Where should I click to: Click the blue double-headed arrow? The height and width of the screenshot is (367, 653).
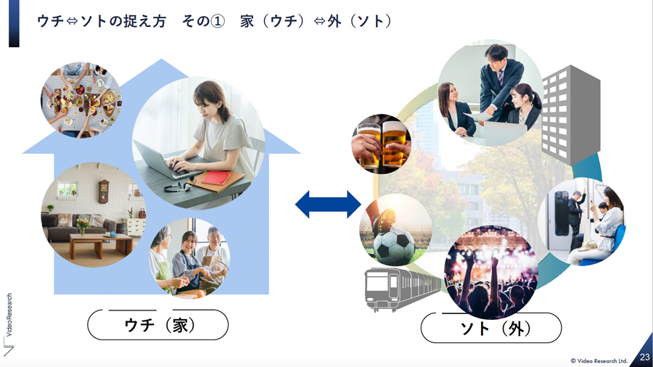[328, 205]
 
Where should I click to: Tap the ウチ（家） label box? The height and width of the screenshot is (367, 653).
[158, 324]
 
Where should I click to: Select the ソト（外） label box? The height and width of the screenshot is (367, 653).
[491, 328]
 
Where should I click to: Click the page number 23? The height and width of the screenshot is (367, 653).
[645, 357]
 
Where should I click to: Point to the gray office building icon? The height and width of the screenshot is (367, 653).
[570, 115]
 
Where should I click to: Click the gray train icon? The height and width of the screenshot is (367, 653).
[402, 289]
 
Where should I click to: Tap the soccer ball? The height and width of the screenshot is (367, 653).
[394, 246]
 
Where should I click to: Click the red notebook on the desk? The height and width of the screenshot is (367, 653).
[215, 177]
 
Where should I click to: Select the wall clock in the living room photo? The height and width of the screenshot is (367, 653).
[103, 191]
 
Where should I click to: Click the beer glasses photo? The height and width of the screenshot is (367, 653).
[382, 144]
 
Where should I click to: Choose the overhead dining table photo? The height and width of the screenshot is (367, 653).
[81, 100]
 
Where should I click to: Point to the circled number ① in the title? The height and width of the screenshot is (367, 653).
[218, 21]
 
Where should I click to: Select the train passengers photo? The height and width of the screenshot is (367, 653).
[582, 221]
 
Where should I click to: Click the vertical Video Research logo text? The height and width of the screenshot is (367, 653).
[9, 315]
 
